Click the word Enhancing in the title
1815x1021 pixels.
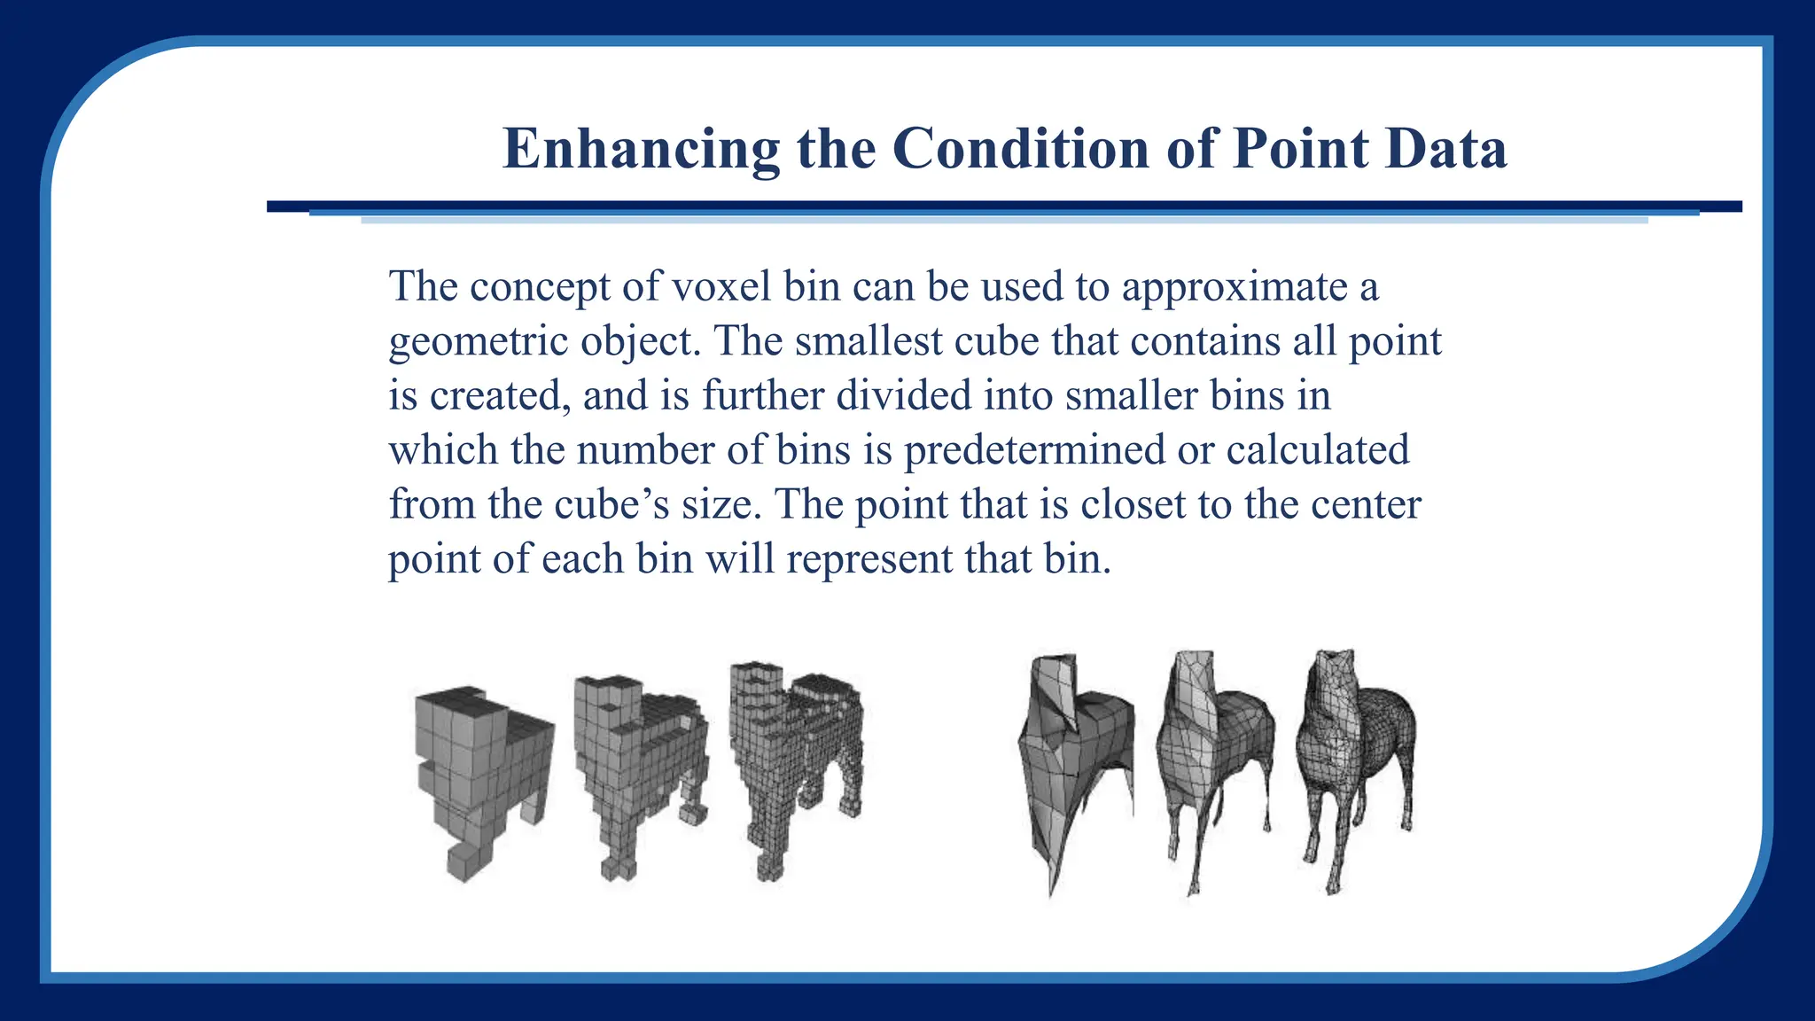click(x=641, y=148)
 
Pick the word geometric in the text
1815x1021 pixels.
click(x=479, y=342)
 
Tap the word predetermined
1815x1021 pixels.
click(x=1033, y=450)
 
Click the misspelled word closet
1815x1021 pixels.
click(x=1133, y=504)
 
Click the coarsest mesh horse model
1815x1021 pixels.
click(x=1073, y=762)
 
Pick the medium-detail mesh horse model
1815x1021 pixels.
click(x=1214, y=762)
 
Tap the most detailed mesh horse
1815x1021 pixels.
click(x=1354, y=762)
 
